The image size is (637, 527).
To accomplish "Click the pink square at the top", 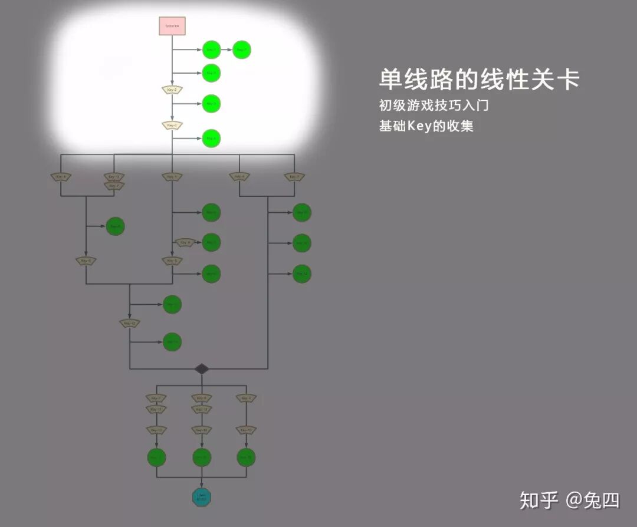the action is [x=172, y=26].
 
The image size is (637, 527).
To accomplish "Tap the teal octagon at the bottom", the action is [x=202, y=497].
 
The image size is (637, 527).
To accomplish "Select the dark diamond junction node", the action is [x=202, y=369].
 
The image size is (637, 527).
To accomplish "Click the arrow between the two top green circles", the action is [x=226, y=50].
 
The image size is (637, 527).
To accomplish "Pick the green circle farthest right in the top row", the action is [x=242, y=50].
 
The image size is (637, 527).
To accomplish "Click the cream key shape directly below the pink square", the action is [x=172, y=90].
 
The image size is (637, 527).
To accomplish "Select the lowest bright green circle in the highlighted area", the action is [x=211, y=139].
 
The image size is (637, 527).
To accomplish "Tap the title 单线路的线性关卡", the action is [x=479, y=80].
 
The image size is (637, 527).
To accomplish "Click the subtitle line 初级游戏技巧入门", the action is [x=434, y=106].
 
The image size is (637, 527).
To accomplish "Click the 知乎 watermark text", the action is [x=539, y=500].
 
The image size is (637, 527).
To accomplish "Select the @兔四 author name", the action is [x=593, y=500].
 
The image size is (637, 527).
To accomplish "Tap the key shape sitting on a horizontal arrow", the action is [x=185, y=242].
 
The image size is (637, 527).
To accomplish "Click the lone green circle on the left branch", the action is [x=116, y=226].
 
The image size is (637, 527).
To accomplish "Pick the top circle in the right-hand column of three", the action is [x=302, y=212].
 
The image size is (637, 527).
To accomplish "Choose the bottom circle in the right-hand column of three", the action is [x=302, y=274].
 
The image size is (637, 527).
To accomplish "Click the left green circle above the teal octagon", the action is [x=156, y=457].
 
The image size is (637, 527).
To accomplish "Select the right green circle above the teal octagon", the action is [x=246, y=457].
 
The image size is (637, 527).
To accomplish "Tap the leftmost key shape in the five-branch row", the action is [x=61, y=177].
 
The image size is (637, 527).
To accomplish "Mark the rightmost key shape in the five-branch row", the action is [x=294, y=177].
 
